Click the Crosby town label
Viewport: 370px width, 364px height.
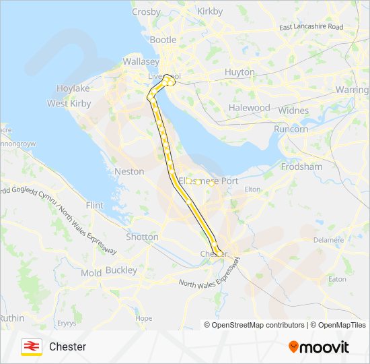[x=146, y=11]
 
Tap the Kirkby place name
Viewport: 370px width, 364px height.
[x=210, y=11]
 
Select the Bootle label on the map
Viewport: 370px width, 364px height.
[x=163, y=40]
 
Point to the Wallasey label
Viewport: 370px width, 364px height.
[x=141, y=61]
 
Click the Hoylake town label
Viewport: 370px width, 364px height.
[x=73, y=88]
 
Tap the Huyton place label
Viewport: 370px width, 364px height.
[x=240, y=72]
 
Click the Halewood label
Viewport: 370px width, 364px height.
[x=249, y=107]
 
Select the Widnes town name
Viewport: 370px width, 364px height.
[x=293, y=111]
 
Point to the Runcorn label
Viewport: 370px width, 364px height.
[x=291, y=129]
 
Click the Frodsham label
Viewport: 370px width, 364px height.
[x=301, y=166]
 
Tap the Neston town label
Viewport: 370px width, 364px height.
[x=129, y=171]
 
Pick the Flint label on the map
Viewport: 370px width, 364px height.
[x=95, y=204]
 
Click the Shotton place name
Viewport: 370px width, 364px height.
[x=143, y=237]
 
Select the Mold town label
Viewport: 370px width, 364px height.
[x=91, y=273]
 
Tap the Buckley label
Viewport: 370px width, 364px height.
[x=121, y=270]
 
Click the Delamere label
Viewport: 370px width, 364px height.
[x=329, y=239]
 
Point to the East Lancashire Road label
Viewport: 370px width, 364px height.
[x=311, y=27]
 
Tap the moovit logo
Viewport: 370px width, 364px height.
[x=319, y=347]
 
